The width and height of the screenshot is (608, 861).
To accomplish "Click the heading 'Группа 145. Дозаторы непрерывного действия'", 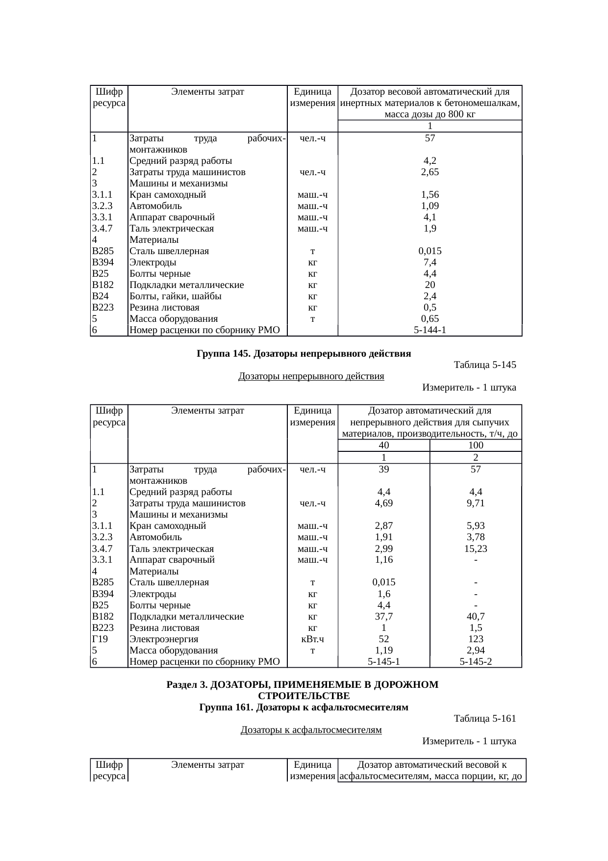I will [x=304, y=354].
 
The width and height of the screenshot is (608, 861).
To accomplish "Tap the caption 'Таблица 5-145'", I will [x=485, y=365].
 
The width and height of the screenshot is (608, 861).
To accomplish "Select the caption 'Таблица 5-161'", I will [x=485, y=719].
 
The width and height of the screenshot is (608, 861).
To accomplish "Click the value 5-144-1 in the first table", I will [x=430, y=330].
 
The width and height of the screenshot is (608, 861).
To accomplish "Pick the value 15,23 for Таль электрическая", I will [x=476, y=548].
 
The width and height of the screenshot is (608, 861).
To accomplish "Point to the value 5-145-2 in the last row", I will [x=476, y=662].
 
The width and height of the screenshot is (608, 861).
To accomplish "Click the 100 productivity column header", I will [x=476, y=445].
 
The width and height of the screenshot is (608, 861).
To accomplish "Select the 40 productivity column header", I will [x=384, y=445].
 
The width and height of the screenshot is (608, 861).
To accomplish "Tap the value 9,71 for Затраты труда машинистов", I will [x=476, y=503].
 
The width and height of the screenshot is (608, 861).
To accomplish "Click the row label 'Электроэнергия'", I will [x=164, y=639].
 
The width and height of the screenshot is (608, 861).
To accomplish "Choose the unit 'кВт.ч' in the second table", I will [x=312, y=639].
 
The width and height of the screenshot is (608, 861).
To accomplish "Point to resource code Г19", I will [x=100, y=639].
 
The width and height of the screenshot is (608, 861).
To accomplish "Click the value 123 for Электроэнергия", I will [x=476, y=639].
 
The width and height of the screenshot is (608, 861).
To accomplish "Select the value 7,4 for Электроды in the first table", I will [x=430, y=262].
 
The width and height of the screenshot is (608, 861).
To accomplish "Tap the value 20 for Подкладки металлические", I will [x=430, y=285].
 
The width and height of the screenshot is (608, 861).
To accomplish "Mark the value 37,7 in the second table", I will [x=384, y=617].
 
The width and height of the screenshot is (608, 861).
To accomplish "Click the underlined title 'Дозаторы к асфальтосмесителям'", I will [x=311, y=730].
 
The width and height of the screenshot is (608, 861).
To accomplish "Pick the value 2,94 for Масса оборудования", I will [x=476, y=651].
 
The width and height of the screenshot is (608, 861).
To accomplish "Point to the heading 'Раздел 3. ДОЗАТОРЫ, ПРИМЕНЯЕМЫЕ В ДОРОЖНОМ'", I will [x=303, y=685].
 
